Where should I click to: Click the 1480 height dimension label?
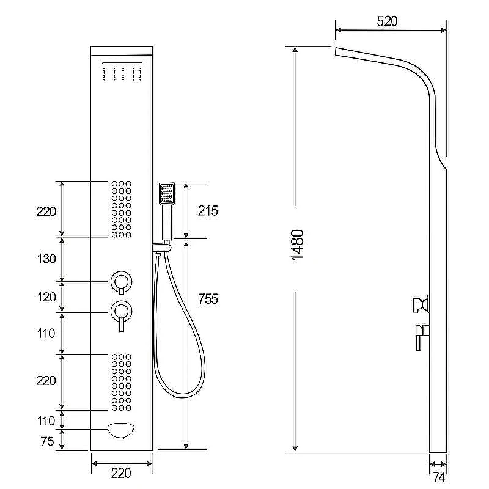[297, 245]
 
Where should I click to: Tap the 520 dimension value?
[387, 21]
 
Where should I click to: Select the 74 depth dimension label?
[439, 477]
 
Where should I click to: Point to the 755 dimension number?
[208, 299]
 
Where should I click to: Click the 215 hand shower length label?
[208, 211]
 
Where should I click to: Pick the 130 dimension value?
[46, 259]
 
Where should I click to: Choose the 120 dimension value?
[46, 297]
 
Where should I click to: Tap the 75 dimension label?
[48, 441]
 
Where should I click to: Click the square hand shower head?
[167, 194]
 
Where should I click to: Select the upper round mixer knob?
[121, 282]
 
